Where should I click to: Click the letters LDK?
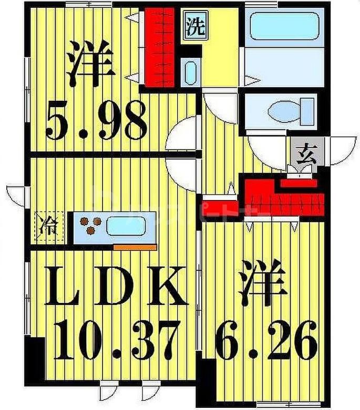(115, 287)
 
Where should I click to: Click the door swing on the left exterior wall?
(15, 194)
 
